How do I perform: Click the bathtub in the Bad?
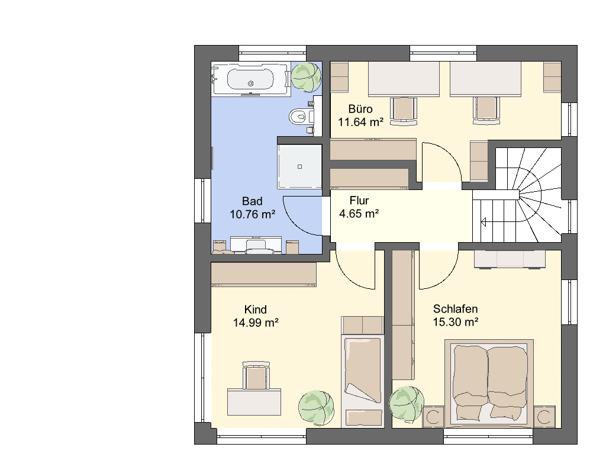click(250, 79)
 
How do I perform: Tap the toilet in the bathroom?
click(301, 117)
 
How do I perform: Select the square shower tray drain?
click(299, 167)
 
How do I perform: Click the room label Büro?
click(360, 109)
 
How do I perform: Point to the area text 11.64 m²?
click(360, 122)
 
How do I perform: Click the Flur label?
click(359, 200)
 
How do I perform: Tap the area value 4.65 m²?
click(359, 213)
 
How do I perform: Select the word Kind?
click(256, 310)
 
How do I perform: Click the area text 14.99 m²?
click(256, 322)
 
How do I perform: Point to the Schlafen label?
click(455, 308)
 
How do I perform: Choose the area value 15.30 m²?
click(456, 321)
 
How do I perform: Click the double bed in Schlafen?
click(489, 383)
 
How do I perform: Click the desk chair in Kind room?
click(255, 375)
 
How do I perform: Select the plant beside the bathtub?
click(306, 77)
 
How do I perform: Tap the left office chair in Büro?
click(404, 111)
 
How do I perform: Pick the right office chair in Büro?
click(486, 111)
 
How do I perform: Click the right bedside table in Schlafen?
click(544, 417)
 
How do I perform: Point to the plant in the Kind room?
click(316, 408)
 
